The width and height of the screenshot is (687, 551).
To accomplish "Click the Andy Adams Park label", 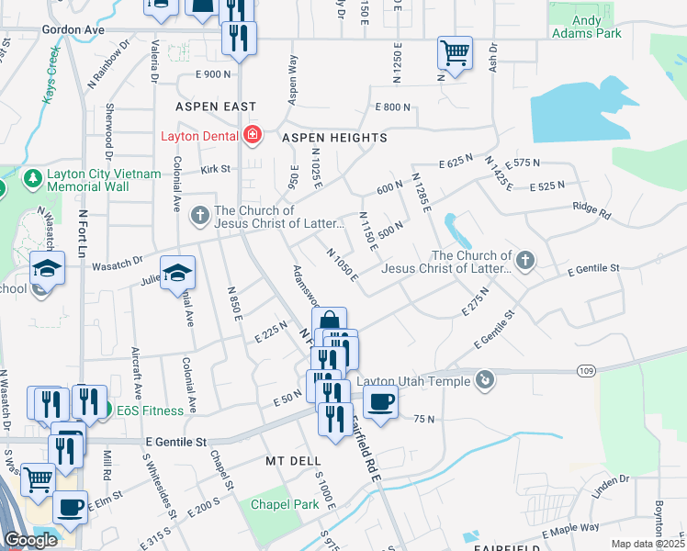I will pyautogui.click(x=586, y=27).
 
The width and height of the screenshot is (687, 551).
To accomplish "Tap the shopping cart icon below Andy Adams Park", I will pyautogui.click(x=454, y=52).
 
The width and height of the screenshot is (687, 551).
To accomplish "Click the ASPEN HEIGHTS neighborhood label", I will pyautogui.click(x=334, y=138).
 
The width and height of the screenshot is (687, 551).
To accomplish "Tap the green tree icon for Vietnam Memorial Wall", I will pyautogui.click(x=32, y=176).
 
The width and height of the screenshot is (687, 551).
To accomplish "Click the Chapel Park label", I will pyautogui.click(x=286, y=504).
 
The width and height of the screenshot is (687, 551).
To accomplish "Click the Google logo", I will pyautogui.click(x=30, y=540).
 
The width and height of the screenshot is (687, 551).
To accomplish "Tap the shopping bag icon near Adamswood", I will pyautogui.click(x=329, y=322).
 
